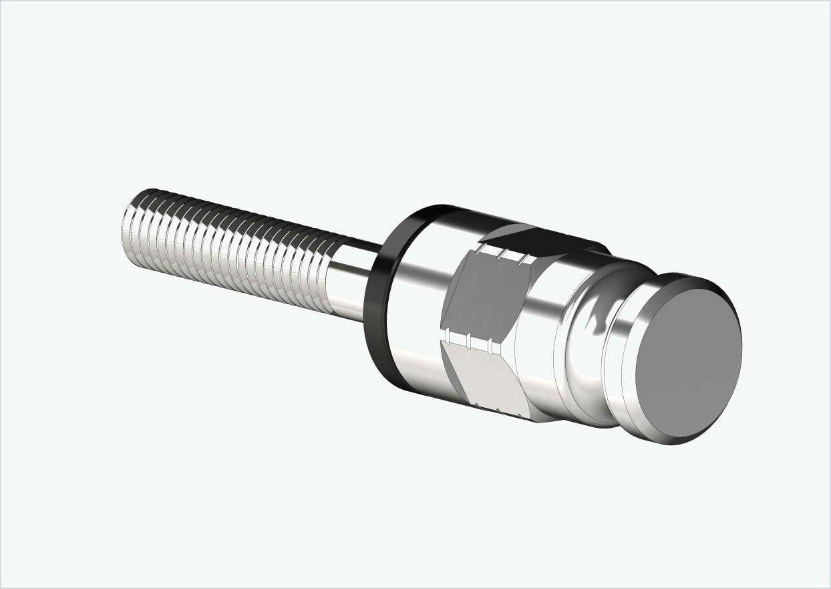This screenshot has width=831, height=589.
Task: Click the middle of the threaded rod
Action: [234, 247]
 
